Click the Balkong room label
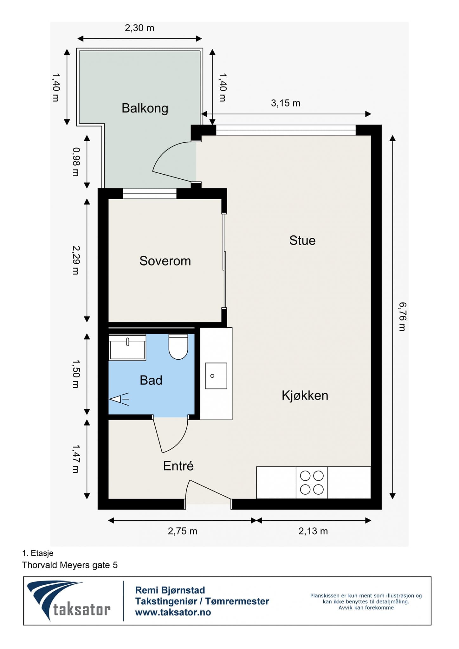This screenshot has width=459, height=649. click(x=145, y=108)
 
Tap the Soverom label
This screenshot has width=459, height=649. click(x=165, y=261)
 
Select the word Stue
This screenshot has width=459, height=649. click(x=302, y=241)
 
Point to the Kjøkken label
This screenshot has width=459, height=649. click(x=305, y=395)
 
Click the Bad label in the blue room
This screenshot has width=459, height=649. click(x=151, y=380)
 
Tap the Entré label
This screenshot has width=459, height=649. click(x=178, y=466)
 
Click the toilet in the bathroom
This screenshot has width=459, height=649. click(x=178, y=347)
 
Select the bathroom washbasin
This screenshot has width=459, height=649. click(x=127, y=348)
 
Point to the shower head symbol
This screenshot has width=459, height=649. click(x=118, y=399)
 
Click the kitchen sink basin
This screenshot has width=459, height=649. click(x=216, y=376)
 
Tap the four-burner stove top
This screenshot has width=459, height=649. click(x=312, y=483)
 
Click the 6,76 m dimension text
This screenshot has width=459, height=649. click(x=402, y=317)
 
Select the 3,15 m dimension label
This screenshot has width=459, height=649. click(x=285, y=103)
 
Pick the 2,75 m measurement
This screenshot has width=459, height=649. click(x=182, y=531)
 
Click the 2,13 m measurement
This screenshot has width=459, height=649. click(x=313, y=531)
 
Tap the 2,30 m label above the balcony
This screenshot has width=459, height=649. click(x=139, y=28)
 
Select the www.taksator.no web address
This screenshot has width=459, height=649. click(x=173, y=612)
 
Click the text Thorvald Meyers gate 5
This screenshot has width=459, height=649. click(x=70, y=565)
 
